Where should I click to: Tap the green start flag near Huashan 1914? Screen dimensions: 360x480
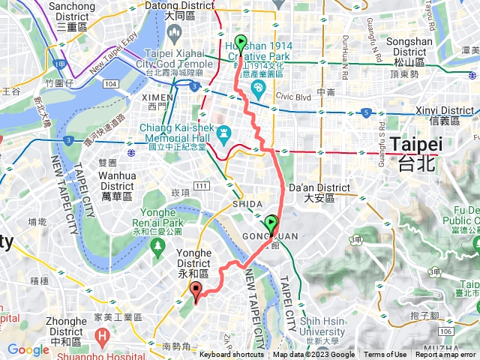click(x=240, y=42)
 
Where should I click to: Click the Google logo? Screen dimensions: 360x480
click(x=28, y=349)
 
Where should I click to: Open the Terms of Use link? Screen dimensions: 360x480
click(x=385, y=355)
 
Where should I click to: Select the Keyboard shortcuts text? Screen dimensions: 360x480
click(x=232, y=355)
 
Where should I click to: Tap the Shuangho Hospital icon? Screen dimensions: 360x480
click(x=101, y=337)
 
